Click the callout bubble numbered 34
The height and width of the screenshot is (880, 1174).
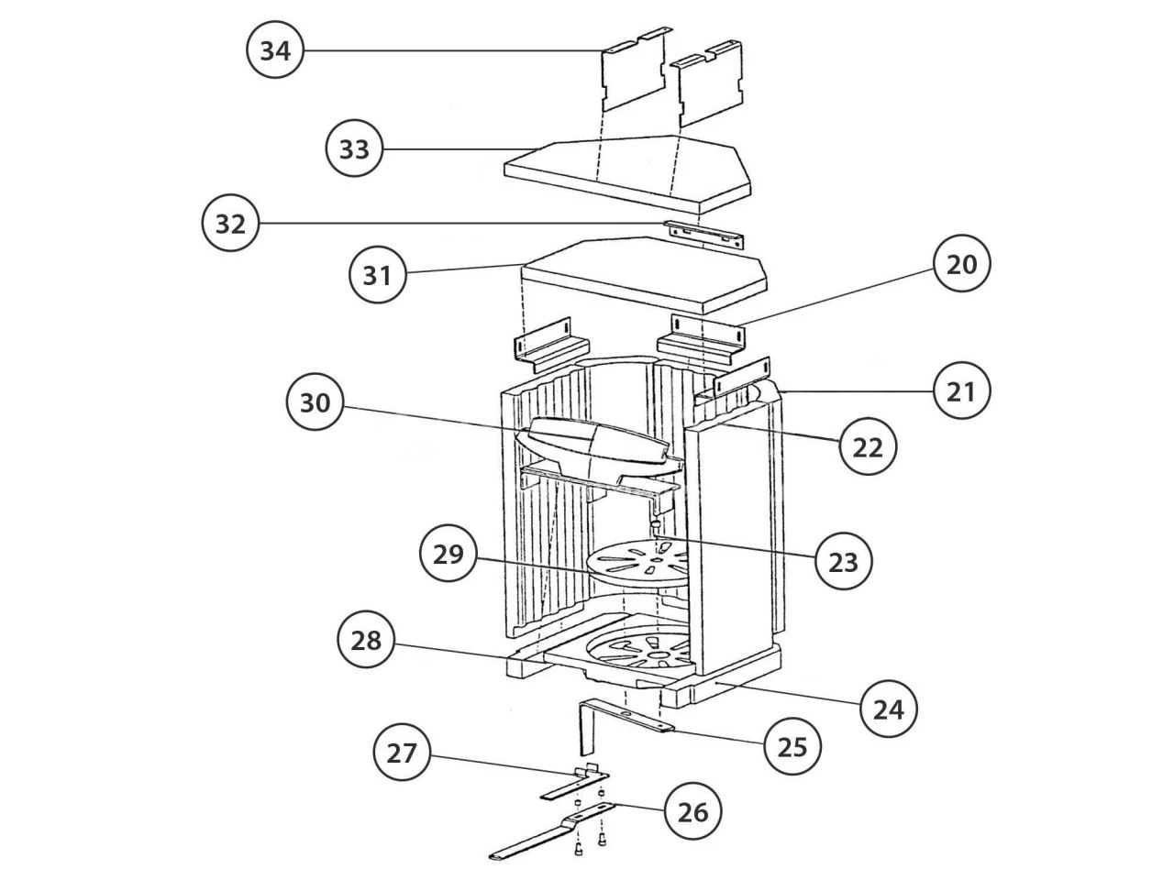pos(275,50)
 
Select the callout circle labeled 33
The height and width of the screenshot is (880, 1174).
pos(354,148)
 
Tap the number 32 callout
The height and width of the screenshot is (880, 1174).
pos(230,223)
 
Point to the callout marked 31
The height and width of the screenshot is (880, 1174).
pos(377,275)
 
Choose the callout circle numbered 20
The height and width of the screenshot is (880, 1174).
pos(961,263)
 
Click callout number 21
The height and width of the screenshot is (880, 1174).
pos(961,391)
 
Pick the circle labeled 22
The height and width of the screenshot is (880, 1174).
pos(867,446)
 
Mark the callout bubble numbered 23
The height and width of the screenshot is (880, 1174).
pos(843,562)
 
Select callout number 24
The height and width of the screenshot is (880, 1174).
pos(888,709)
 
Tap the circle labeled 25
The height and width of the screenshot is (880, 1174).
pos(792,746)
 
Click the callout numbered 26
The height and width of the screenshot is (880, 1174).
pos(692,812)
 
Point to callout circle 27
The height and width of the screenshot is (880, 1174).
pos(401,753)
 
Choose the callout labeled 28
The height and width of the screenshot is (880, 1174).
pos(366,640)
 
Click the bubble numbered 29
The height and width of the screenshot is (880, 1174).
pos(448,554)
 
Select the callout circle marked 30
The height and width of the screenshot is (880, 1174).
pos(315,401)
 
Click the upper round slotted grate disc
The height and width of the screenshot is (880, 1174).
pos(639,564)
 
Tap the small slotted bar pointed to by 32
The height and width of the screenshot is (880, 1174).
pos(703,234)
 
